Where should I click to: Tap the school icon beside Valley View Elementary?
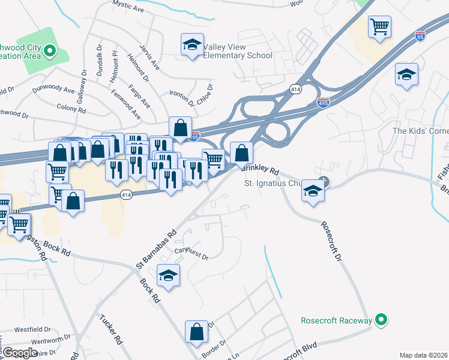tap(192, 44)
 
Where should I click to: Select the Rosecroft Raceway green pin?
tap(379, 320)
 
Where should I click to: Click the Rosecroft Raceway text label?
tap(336, 320)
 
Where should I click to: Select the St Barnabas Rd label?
tap(155, 247)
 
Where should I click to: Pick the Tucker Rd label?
tap(111, 329)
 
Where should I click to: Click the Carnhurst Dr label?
tap(191, 254)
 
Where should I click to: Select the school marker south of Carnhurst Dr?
tap(169, 275)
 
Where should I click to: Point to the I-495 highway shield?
tap(323, 104)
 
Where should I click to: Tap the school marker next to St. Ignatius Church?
tap(313, 191)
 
